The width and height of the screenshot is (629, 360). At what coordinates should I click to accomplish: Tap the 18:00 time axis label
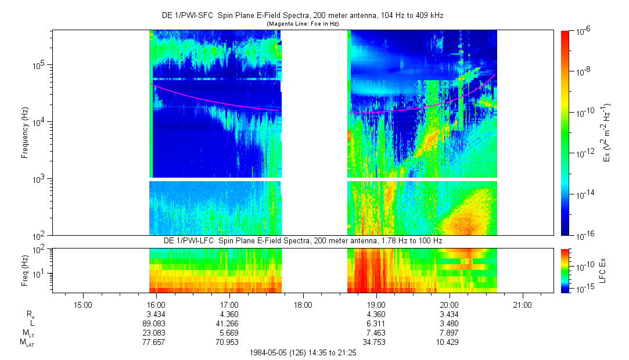(x=303, y=304)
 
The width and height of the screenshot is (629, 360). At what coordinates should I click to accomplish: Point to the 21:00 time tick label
(x=523, y=304)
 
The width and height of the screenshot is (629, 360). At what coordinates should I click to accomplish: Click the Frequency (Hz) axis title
(x=25, y=133)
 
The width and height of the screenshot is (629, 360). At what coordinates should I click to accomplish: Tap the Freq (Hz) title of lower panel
(x=25, y=269)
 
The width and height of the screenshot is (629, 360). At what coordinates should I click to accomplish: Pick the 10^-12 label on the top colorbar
(x=583, y=153)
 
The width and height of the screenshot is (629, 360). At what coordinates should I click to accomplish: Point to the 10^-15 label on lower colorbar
(x=583, y=289)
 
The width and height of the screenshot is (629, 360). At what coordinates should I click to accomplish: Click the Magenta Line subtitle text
(x=303, y=24)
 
